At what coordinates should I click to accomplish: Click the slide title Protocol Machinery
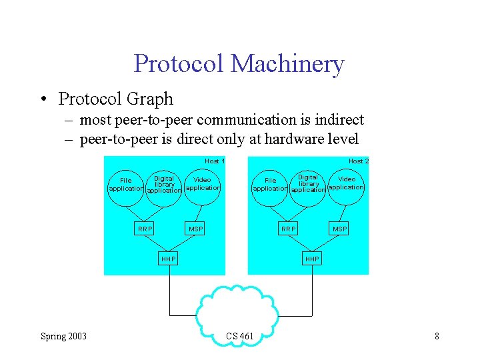pos(239,64)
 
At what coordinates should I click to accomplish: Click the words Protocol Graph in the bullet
pos(115,99)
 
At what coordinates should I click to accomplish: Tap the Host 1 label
pos(215,161)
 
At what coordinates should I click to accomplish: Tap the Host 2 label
pos(359,161)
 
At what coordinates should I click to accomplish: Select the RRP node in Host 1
pos(145,229)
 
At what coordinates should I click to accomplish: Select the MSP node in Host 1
pos(196,229)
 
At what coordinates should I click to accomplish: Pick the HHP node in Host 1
pos(169,259)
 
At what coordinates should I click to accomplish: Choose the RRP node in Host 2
pos(289,229)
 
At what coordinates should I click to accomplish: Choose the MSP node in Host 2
pos(340,229)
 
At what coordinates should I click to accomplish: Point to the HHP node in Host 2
pos(312,259)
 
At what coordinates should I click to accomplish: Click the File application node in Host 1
pos(125,185)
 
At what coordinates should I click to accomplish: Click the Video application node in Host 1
pos(202,184)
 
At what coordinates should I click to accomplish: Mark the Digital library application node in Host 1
pos(164,185)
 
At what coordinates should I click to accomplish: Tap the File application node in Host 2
pos(270,185)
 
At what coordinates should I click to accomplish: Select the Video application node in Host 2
pos(347,183)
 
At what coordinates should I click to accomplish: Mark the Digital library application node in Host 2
pos(308,184)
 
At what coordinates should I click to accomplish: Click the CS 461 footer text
pos(240,336)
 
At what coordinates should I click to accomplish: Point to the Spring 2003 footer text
pos(63,336)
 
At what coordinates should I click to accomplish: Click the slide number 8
pos(437,336)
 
